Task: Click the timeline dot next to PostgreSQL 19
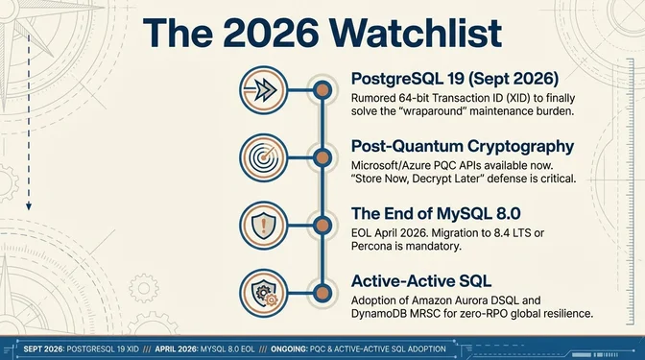(x=321, y=91)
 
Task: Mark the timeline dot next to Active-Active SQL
(x=321, y=294)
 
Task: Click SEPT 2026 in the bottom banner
(x=43, y=348)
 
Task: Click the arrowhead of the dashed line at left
(x=30, y=205)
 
